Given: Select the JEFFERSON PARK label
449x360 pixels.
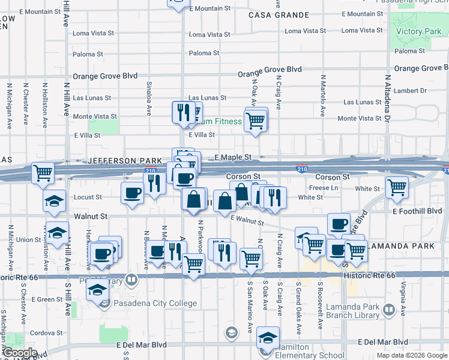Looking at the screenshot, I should pos(124,161).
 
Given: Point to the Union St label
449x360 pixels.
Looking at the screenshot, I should pos(28,240).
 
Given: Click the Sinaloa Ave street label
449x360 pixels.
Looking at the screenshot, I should pos(148,92).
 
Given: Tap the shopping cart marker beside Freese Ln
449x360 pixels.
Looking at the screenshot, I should pos(397,187).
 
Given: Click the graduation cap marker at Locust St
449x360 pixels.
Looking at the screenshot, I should pos(55,200).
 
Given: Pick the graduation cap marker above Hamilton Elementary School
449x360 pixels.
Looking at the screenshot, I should pos(268,337).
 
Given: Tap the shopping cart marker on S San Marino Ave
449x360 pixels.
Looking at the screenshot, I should pos(250,258).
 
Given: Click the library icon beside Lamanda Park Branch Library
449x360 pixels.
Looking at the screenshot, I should pos(389,310).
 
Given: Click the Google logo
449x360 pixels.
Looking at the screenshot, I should pos(19,353).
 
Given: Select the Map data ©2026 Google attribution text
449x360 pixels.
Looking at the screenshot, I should pos(412,355).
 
